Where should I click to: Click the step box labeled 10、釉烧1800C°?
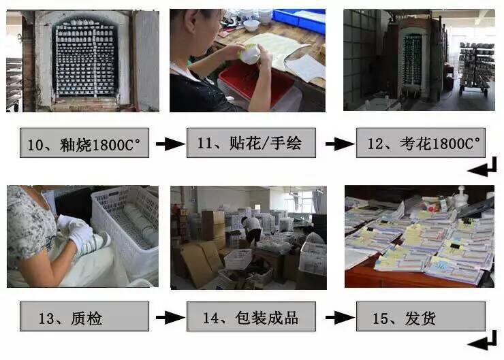[84, 144]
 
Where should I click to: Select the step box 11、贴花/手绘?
[253, 144]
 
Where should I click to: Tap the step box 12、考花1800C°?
[420, 144]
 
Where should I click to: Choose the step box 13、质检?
[84, 317]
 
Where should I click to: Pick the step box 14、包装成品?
[253, 317]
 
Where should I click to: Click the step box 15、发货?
[420, 317]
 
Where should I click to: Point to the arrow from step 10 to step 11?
[169, 144]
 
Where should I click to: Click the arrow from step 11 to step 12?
[338, 144]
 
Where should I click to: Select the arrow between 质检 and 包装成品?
[169, 317]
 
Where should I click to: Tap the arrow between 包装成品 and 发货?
[338, 317]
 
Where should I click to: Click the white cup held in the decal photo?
[250, 54]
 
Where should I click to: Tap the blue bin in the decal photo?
[299, 20]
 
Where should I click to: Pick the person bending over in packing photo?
[251, 229]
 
